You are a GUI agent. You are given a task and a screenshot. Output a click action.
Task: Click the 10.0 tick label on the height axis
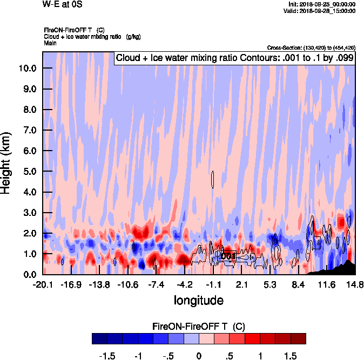point(27,69)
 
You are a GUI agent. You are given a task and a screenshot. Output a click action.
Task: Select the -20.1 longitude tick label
point(43,284)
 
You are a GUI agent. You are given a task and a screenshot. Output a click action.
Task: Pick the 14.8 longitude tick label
point(354,284)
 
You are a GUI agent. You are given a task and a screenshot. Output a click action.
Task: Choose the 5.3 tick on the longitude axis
point(271,284)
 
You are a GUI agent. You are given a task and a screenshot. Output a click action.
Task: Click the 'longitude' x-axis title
point(199,300)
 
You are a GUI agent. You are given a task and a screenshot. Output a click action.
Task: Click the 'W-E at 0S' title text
point(62,4)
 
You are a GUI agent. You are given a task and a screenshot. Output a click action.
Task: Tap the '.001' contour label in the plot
point(228,256)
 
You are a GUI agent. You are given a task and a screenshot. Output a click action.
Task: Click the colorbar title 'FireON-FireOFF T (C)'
point(199,327)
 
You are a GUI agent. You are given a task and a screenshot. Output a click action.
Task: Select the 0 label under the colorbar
point(199,356)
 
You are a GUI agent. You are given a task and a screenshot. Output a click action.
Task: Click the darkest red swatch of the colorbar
point(298,339)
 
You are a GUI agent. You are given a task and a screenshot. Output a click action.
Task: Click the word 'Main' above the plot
point(51,42)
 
